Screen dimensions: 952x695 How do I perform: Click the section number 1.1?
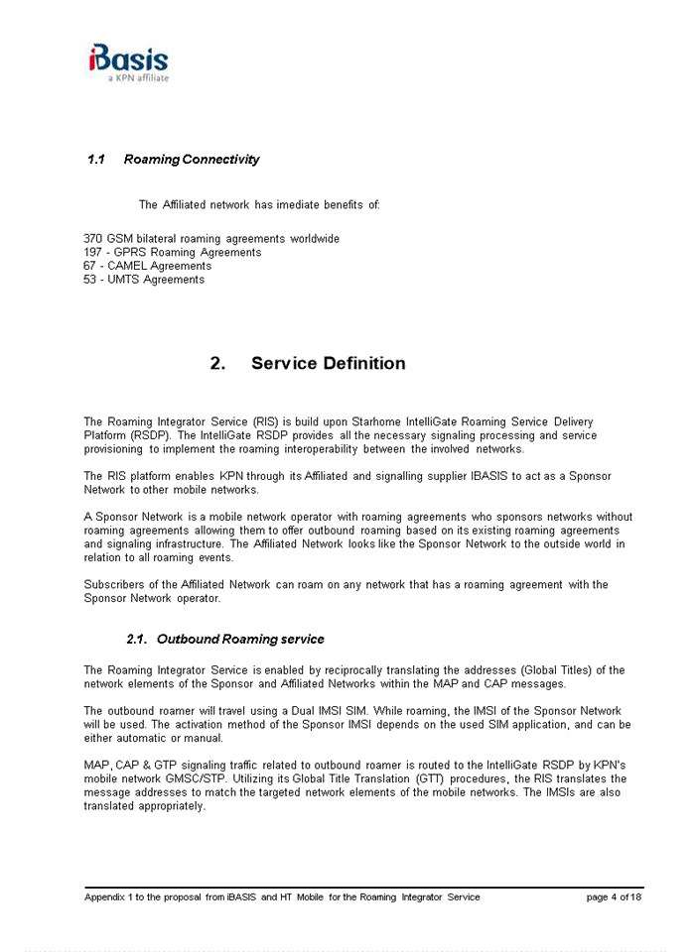tap(96, 160)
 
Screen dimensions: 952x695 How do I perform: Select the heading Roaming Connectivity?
tap(192, 160)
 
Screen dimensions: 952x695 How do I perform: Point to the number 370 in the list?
tap(93, 239)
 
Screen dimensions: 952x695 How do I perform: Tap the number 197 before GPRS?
tap(93, 253)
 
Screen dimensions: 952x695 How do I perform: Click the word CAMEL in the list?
tap(128, 266)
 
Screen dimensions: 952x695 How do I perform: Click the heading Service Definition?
tap(328, 363)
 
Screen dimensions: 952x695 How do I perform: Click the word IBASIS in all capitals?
tap(489, 477)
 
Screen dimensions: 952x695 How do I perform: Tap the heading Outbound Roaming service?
tap(240, 640)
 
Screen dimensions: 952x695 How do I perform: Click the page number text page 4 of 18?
tap(614, 897)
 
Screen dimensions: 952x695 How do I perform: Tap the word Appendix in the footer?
tap(104, 897)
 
